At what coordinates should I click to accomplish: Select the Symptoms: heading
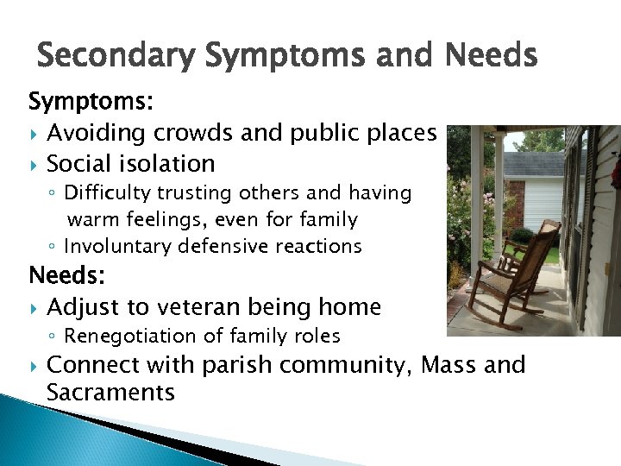(91, 103)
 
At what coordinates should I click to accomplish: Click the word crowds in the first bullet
(203, 133)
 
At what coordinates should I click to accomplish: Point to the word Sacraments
(110, 393)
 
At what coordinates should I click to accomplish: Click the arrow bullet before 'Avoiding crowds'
(34, 134)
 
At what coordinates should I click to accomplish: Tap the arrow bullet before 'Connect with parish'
(34, 366)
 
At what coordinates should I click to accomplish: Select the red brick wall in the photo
(516, 202)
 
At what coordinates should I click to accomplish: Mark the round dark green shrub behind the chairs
(523, 235)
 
